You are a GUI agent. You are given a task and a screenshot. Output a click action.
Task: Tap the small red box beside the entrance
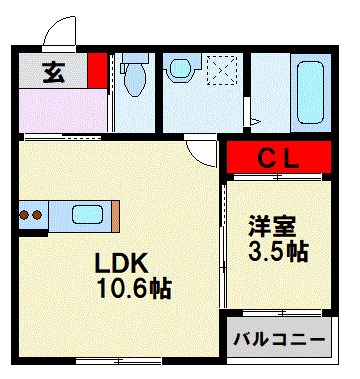[x=96, y=69]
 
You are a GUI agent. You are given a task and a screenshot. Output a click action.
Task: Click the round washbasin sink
[x=181, y=69]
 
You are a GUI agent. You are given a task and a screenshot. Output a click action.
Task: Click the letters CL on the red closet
[x=277, y=158]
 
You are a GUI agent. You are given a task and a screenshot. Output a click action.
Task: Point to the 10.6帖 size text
[x=132, y=289]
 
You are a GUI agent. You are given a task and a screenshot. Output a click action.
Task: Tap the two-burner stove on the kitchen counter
[x=31, y=215]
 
